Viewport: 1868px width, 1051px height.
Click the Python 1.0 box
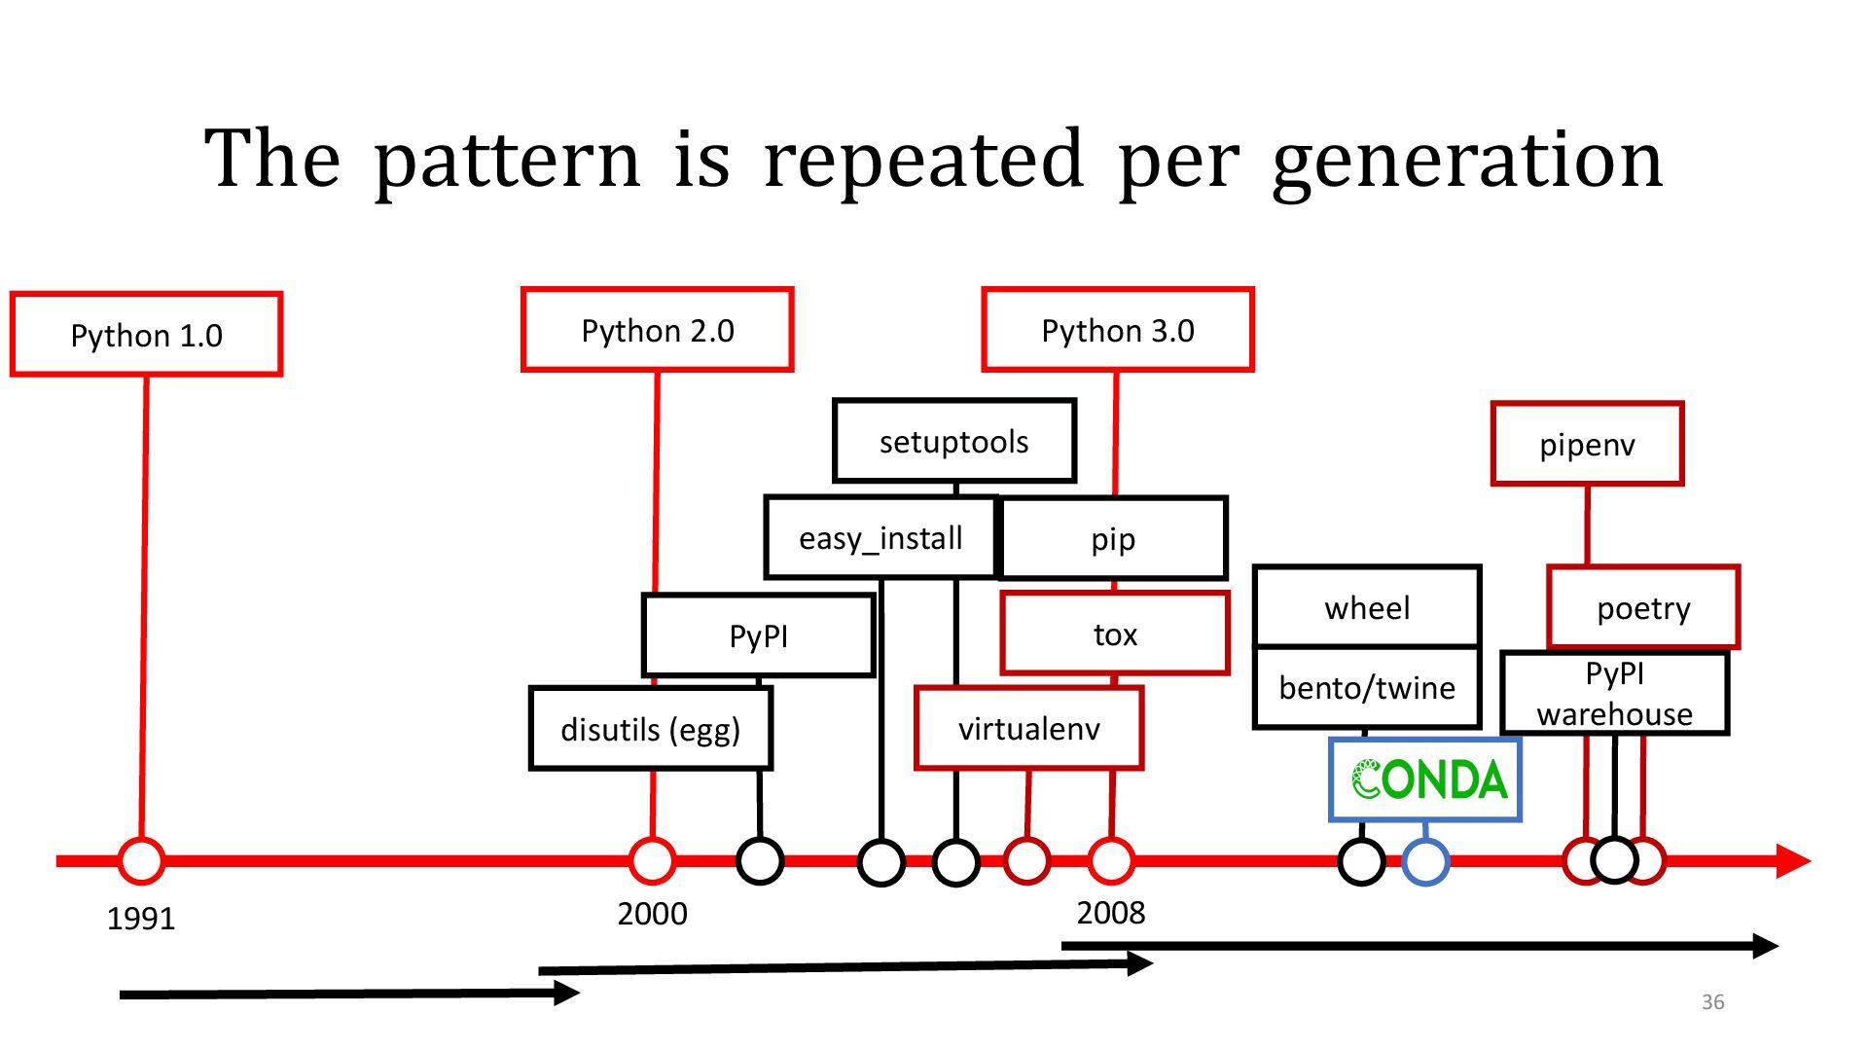point(146,334)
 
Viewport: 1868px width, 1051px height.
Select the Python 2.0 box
point(658,330)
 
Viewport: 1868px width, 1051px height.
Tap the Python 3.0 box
point(1118,330)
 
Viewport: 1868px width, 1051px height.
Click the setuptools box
point(954,441)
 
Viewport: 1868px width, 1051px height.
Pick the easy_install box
point(880,538)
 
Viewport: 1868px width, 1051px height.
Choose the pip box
point(1113,538)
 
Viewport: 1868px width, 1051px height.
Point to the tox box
point(1115,634)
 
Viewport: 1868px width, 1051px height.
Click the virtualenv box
point(1028,728)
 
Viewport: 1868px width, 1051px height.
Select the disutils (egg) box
point(650,729)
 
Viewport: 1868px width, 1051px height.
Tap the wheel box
point(1367,607)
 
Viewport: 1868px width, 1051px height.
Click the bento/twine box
point(1367,688)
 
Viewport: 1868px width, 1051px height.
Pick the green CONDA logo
point(1427,779)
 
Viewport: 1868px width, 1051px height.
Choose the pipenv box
point(1587,444)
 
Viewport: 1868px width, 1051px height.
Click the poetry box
point(1643,607)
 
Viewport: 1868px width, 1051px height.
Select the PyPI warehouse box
point(1614,693)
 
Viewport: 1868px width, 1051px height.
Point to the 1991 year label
point(141,918)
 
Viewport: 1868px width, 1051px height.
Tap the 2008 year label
point(1111,913)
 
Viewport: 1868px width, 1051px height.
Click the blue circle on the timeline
point(1425,861)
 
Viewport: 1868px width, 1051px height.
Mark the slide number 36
point(1712,1001)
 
